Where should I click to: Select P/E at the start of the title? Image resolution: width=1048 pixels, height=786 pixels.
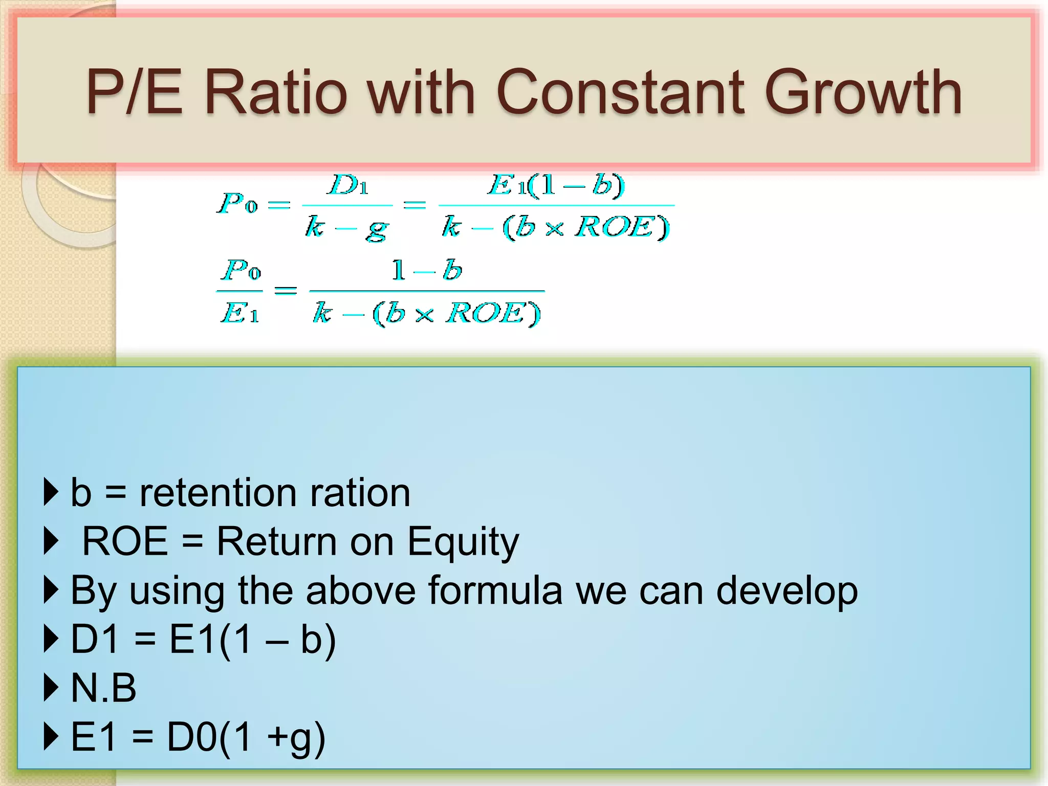(x=134, y=93)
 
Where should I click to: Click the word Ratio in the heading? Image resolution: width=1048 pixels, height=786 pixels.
(x=275, y=93)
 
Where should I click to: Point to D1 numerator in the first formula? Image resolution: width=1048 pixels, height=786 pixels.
(x=348, y=185)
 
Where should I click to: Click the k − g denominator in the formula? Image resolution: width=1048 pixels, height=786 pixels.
(x=347, y=227)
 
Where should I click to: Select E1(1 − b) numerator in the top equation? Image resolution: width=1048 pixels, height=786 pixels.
(x=556, y=185)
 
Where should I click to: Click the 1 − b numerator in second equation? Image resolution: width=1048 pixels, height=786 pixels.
(x=426, y=270)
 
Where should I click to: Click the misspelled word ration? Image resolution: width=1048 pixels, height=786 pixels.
(x=360, y=493)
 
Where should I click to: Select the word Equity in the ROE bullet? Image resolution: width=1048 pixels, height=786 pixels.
(x=463, y=541)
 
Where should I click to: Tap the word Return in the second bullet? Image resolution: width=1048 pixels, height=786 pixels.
(x=276, y=541)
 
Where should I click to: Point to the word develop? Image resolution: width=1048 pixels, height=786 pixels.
(x=787, y=591)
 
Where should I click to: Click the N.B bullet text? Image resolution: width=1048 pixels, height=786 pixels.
(x=103, y=688)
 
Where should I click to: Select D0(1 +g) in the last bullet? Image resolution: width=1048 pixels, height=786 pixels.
(x=246, y=737)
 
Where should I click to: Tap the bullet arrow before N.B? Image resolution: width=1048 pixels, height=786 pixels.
(x=51, y=688)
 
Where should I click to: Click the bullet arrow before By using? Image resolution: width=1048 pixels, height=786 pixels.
(x=51, y=590)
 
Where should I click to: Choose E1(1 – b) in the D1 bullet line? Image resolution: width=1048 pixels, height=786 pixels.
(x=252, y=639)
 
